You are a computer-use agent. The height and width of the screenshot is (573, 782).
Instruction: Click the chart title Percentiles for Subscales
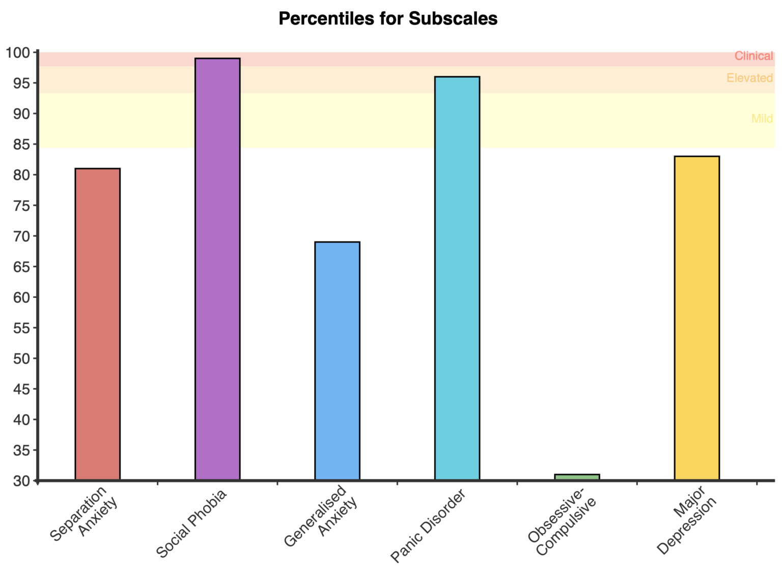click(x=388, y=19)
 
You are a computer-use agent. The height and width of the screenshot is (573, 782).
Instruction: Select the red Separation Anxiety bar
click(x=98, y=324)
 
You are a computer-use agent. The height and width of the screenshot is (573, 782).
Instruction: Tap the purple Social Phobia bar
click(x=217, y=269)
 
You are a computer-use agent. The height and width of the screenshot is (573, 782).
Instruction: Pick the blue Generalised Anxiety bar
click(x=337, y=361)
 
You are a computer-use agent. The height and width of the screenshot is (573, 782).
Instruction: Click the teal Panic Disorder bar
click(x=457, y=278)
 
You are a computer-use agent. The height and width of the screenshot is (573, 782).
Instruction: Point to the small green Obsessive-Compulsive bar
click(x=577, y=477)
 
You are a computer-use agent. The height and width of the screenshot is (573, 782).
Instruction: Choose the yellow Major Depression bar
click(x=697, y=318)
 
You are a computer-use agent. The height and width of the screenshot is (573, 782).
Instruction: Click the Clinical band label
click(x=753, y=56)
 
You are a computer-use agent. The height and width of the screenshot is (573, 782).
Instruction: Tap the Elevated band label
click(x=749, y=78)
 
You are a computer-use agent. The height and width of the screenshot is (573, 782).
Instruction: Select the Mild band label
click(x=762, y=118)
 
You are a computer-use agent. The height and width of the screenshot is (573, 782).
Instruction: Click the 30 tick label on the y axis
click(x=22, y=481)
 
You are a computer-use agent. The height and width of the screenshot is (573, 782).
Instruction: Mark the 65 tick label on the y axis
click(x=22, y=267)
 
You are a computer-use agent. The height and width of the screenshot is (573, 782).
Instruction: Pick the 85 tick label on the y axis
click(x=22, y=144)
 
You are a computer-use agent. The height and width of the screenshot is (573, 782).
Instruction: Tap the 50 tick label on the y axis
click(x=22, y=358)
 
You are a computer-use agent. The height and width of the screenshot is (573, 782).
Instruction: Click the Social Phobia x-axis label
click(x=191, y=524)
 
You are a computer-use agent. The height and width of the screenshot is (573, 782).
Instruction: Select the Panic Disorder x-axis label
click(x=428, y=526)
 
